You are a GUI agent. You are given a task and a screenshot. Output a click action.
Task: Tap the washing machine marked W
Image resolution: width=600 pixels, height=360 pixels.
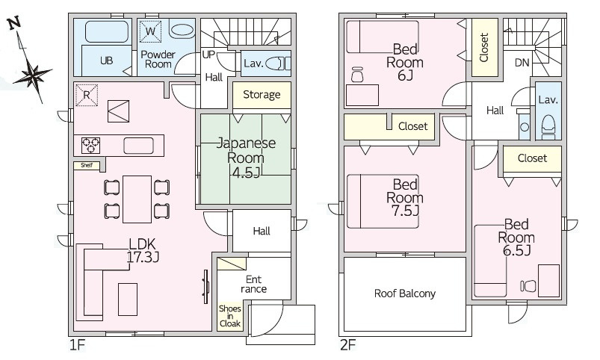click(150, 31)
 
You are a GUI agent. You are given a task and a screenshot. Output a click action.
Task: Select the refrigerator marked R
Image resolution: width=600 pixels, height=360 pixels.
click(86, 95)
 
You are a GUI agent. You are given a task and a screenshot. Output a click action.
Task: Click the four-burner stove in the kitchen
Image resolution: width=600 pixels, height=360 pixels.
click(91, 144)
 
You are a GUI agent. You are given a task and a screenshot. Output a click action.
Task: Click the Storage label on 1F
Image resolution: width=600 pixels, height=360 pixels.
click(262, 95)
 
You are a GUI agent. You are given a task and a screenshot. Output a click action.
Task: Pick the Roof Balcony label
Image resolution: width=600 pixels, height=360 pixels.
click(404, 294)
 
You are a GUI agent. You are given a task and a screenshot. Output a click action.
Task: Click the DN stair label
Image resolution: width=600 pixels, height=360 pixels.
click(522, 63)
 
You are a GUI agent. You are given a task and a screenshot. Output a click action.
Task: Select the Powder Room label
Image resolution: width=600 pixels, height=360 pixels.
click(158, 59)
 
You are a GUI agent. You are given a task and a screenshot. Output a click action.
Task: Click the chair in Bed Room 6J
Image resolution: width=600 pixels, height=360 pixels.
click(356, 75)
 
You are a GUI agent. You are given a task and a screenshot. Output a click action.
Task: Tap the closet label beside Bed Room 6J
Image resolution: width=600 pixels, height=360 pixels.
click(483, 47)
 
